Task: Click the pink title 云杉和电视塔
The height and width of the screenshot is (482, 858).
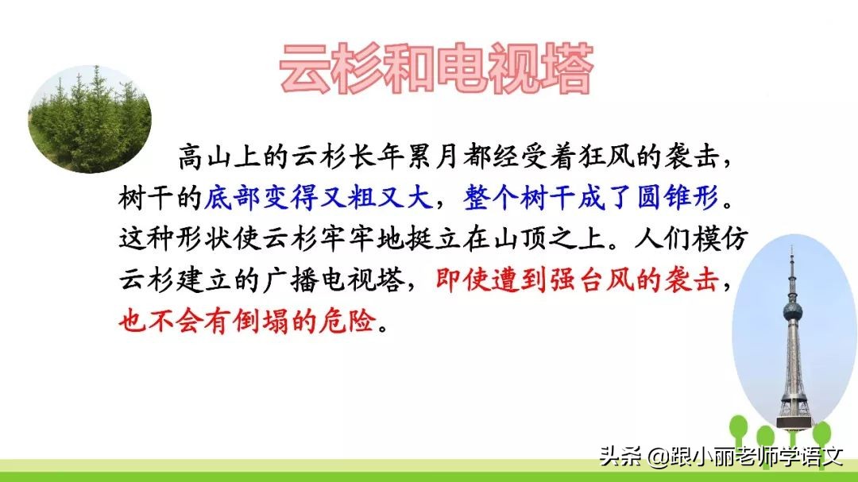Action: pos(436,69)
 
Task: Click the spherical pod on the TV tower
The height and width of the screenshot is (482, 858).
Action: pos(792,310)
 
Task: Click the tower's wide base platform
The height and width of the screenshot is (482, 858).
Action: pos(793,411)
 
